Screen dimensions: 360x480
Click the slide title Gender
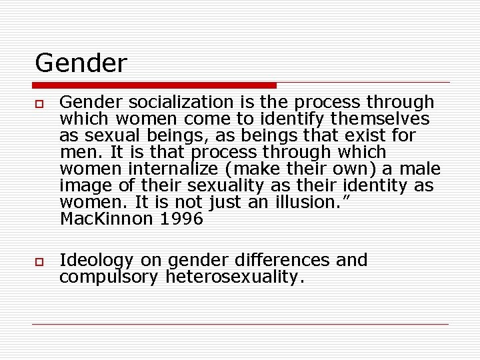point(80,63)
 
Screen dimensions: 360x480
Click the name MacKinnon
point(106,219)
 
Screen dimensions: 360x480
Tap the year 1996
point(181,219)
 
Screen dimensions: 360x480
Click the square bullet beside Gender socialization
point(39,103)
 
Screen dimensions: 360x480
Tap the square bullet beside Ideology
point(39,261)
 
